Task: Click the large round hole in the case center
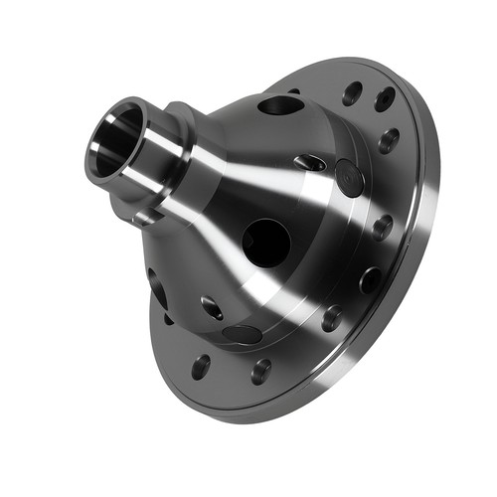(x=265, y=241)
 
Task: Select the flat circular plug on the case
(x=348, y=177)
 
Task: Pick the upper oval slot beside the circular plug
(x=311, y=161)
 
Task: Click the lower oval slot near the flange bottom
(x=243, y=334)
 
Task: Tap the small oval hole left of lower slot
(x=211, y=307)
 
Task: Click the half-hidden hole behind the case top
(x=295, y=93)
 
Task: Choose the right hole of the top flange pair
(x=384, y=98)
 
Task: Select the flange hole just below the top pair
(x=389, y=139)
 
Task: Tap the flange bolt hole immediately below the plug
(x=382, y=228)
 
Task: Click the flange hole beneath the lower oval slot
(x=261, y=371)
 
